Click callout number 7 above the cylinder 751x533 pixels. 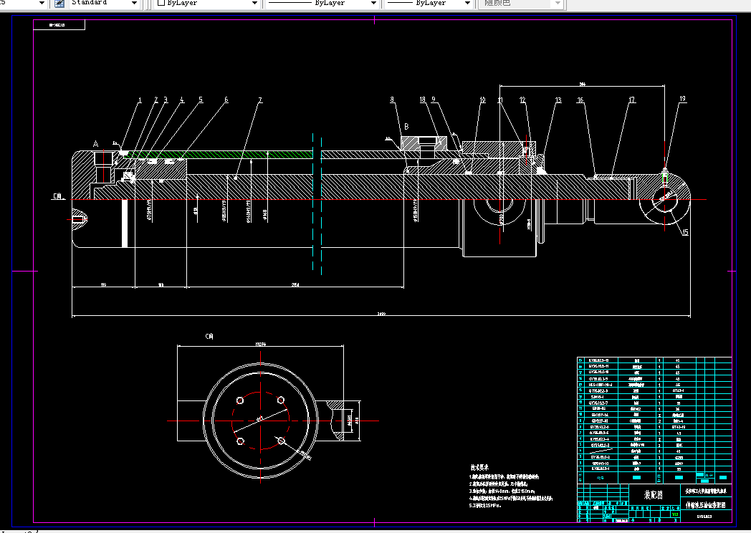click(x=261, y=100)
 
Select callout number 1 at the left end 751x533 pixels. click(x=140, y=100)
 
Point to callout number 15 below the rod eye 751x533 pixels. click(x=685, y=233)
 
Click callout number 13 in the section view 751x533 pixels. click(x=558, y=100)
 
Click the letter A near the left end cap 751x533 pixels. click(x=96, y=144)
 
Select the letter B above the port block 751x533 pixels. click(x=406, y=125)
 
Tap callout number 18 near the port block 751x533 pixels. click(x=423, y=100)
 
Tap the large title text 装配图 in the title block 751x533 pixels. click(x=653, y=494)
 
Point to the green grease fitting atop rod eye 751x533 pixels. click(x=665, y=172)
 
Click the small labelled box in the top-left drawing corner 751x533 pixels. click(x=59, y=25)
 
